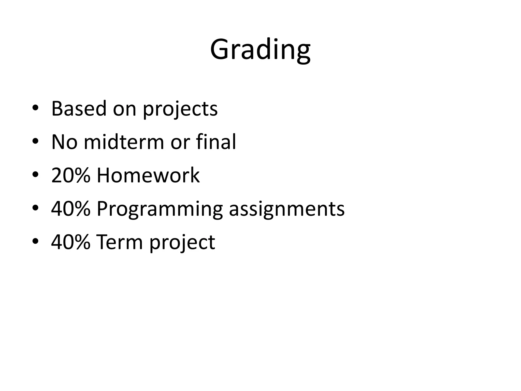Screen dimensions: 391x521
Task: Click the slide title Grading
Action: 260,50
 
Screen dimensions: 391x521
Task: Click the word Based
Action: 79,108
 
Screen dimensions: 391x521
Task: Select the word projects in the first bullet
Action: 180,109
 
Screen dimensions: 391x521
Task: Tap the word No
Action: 64,142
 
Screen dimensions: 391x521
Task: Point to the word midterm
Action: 124,142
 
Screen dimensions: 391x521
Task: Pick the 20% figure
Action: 71,175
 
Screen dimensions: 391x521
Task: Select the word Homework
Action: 148,175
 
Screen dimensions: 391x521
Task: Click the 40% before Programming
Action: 71,209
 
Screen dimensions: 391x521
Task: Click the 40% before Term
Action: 71,242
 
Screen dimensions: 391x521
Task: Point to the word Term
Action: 119,242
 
